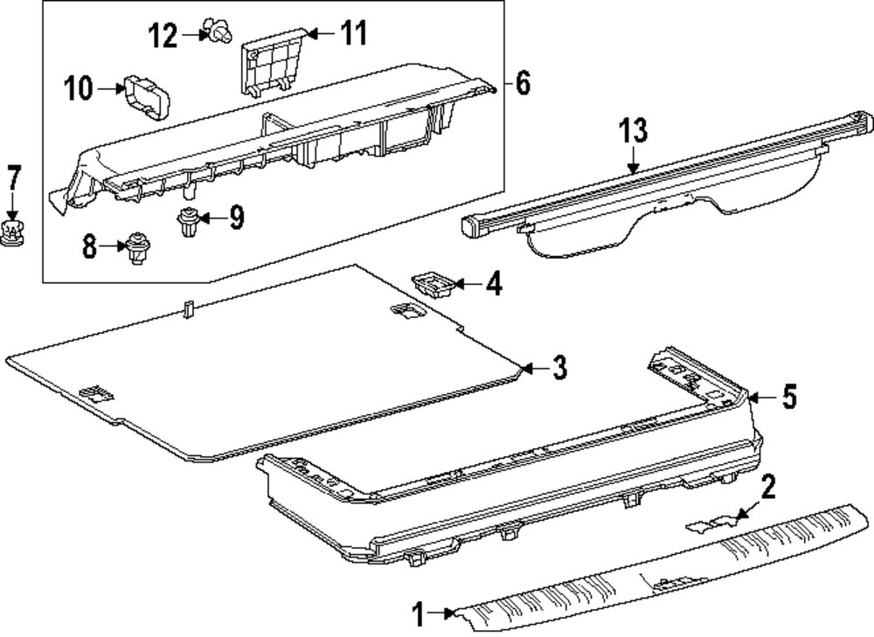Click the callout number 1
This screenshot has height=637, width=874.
(x=420, y=615)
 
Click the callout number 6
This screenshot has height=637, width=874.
(x=522, y=84)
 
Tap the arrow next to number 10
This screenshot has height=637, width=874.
(x=110, y=87)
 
